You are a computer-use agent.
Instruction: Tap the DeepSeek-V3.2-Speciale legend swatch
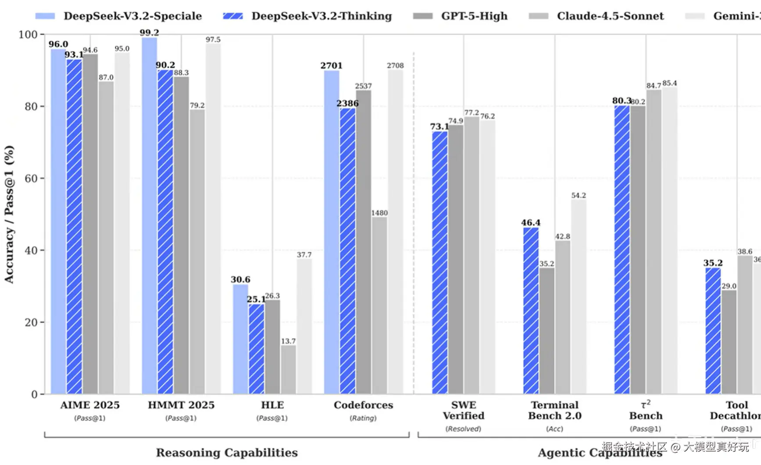pyautogui.click(x=45, y=16)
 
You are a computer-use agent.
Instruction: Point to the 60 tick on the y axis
pyautogui.click(x=31, y=179)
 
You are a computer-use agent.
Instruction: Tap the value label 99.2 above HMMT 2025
pyautogui.click(x=149, y=32)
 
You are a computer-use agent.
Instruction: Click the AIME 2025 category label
pyautogui.click(x=90, y=405)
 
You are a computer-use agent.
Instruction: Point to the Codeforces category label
pyautogui.click(x=363, y=405)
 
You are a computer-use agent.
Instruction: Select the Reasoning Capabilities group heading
pyautogui.click(x=227, y=452)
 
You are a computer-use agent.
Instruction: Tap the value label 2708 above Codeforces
pyautogui.click(x=395, y=65)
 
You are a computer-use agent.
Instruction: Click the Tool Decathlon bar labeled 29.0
pyautogui.click(x=729, y=342)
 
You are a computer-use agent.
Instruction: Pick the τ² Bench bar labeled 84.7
pyautogui.click(x=654, y=242)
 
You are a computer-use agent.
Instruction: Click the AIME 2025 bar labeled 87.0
pyautogui.click(x=106, y=237)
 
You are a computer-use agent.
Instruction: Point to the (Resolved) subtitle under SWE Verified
pyautogui.click(x=463, y=429)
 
